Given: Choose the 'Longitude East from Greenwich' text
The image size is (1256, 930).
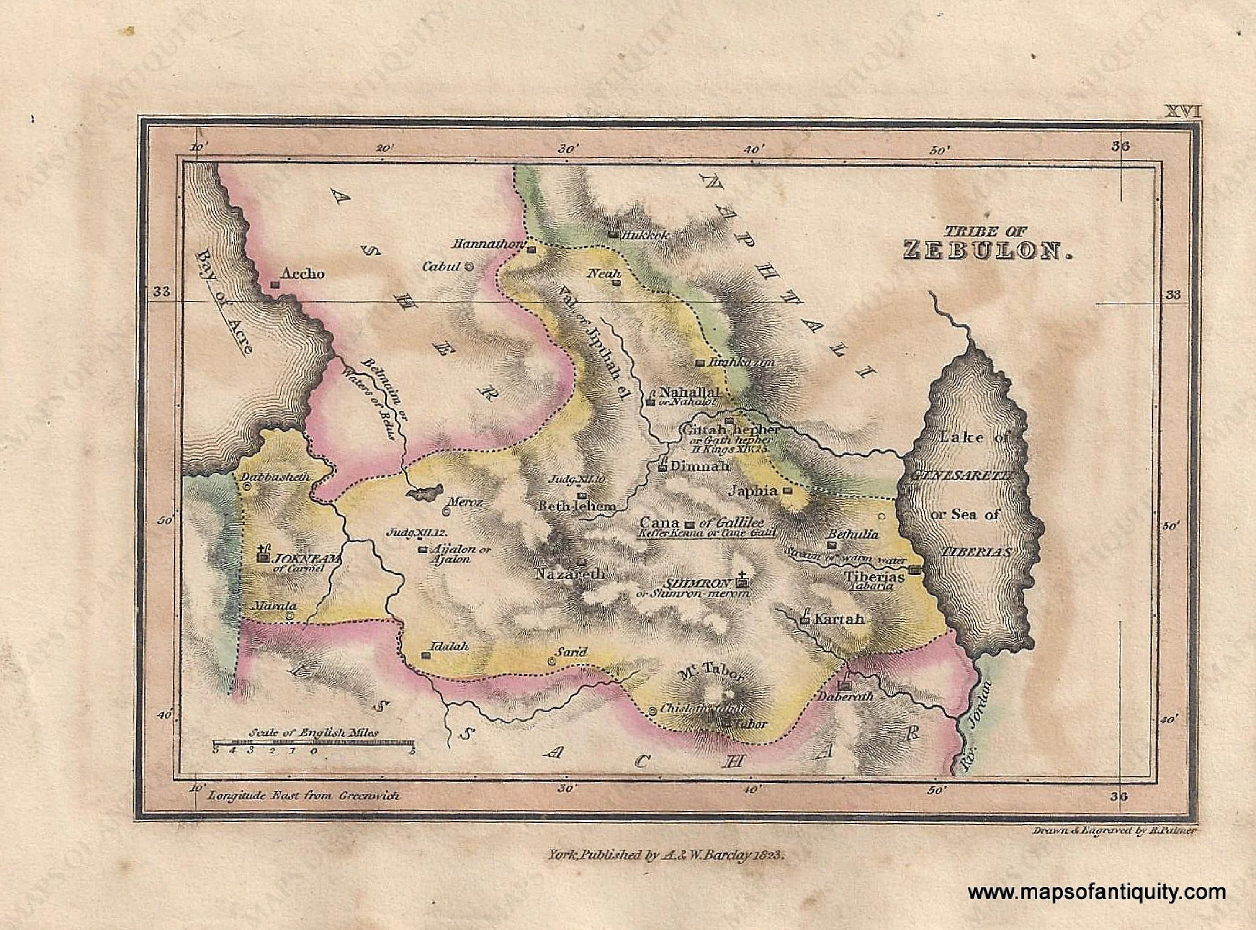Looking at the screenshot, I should pyautogui.click(x=304, y=796).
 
